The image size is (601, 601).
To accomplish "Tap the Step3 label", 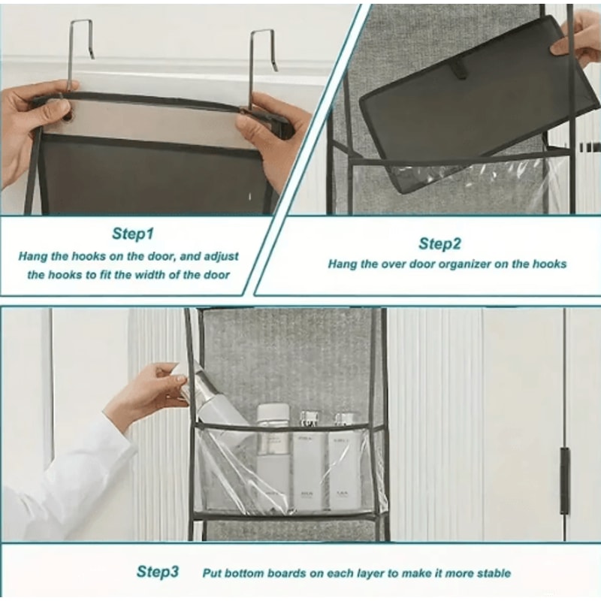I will click(x=158, y=572).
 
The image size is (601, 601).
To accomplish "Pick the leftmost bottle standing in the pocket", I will click(x=273, y=451).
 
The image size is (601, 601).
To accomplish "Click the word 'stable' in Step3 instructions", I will click(x=492, y=573).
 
